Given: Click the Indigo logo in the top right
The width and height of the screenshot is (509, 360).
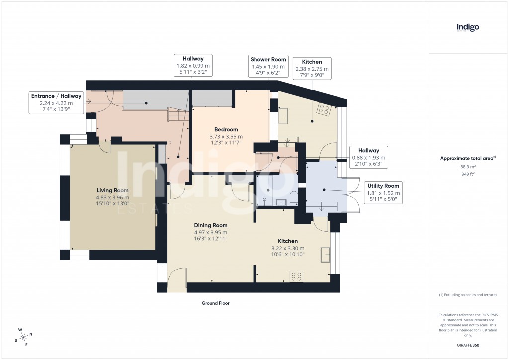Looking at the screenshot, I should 468,28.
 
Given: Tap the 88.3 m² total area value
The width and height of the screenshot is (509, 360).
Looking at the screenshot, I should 468,167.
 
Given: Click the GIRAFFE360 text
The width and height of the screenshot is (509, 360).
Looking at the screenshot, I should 468,345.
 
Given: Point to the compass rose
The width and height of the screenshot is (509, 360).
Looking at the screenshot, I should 23,337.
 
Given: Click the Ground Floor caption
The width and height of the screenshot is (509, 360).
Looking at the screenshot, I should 215,303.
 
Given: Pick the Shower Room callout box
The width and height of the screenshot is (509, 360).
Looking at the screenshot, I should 267,66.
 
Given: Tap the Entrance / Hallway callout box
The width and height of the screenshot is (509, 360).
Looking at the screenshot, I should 56,103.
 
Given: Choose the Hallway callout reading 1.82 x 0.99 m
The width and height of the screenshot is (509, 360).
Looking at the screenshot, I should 193,65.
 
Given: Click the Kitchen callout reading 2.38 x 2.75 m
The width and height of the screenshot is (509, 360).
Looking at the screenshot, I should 312,69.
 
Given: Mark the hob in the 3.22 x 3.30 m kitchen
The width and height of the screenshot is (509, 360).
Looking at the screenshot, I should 297,276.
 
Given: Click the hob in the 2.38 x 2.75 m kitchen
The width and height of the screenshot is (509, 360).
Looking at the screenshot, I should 324,110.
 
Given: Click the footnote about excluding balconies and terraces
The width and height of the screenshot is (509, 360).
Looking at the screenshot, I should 468,295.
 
